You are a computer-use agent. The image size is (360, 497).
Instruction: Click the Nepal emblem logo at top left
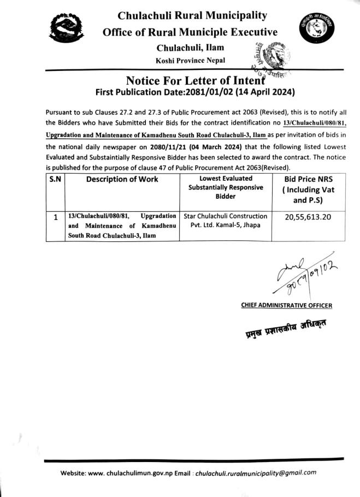tap(66, 32)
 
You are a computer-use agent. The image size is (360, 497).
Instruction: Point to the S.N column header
tap(54, 179)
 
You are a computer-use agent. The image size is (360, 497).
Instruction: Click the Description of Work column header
tap(122, 179)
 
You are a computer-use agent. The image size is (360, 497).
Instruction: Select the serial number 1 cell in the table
tap(55, 217)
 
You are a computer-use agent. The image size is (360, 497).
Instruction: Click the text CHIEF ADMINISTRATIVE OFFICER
tap(286, 305)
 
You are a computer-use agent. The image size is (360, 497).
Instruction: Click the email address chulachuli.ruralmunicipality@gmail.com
tap(256, 473)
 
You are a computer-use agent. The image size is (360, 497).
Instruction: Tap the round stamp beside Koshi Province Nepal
tap(266, 58)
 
